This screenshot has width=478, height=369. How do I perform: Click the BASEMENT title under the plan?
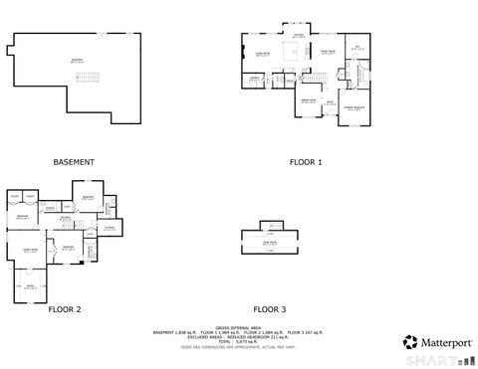tap(74, 161)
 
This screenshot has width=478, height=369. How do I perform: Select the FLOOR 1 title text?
tap(306, 161)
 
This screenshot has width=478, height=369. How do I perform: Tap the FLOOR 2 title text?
tap(64, 309)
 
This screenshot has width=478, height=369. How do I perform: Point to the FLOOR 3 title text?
tap(269, 309)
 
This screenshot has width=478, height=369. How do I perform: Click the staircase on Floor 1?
tap(316, 78)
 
